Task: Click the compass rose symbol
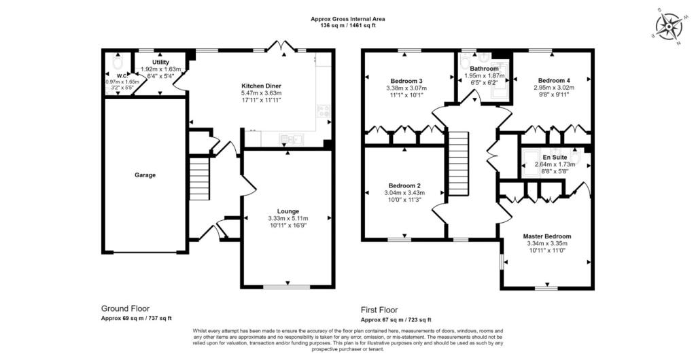(x=669, y=26)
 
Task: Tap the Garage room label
(x=145, y=175)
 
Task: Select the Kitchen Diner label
(x=261, y=86)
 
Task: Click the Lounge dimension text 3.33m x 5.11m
(x=288, y=218)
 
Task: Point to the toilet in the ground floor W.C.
(x=118, y=62)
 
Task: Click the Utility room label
(x=160, y=62)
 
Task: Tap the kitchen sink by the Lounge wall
(x=291, y=139)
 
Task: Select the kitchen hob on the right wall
(x=324, y=110)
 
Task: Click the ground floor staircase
(x=199, y=179)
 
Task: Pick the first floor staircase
(x=458, y=163)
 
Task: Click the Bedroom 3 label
(x=406, y=81)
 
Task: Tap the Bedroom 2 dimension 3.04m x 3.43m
(x=404, y=193)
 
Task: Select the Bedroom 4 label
(x=554, y=81)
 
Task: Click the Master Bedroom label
(x=547, y=236)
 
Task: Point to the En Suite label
(x=555, y=157)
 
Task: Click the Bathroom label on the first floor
(x=484, y=69)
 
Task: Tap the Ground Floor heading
(x=126, y=308)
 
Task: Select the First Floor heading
(x=379, y=310)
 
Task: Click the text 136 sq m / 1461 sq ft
(x=348, y=26)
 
